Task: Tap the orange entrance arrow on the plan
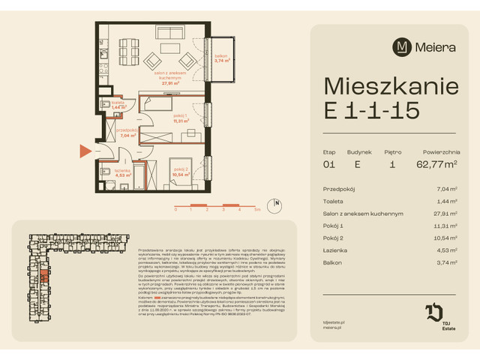[84, 152]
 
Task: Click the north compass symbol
[277, 202]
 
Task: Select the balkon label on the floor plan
[221, 55]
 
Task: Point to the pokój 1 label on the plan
[179, 115]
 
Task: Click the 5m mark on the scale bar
[256, 211]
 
